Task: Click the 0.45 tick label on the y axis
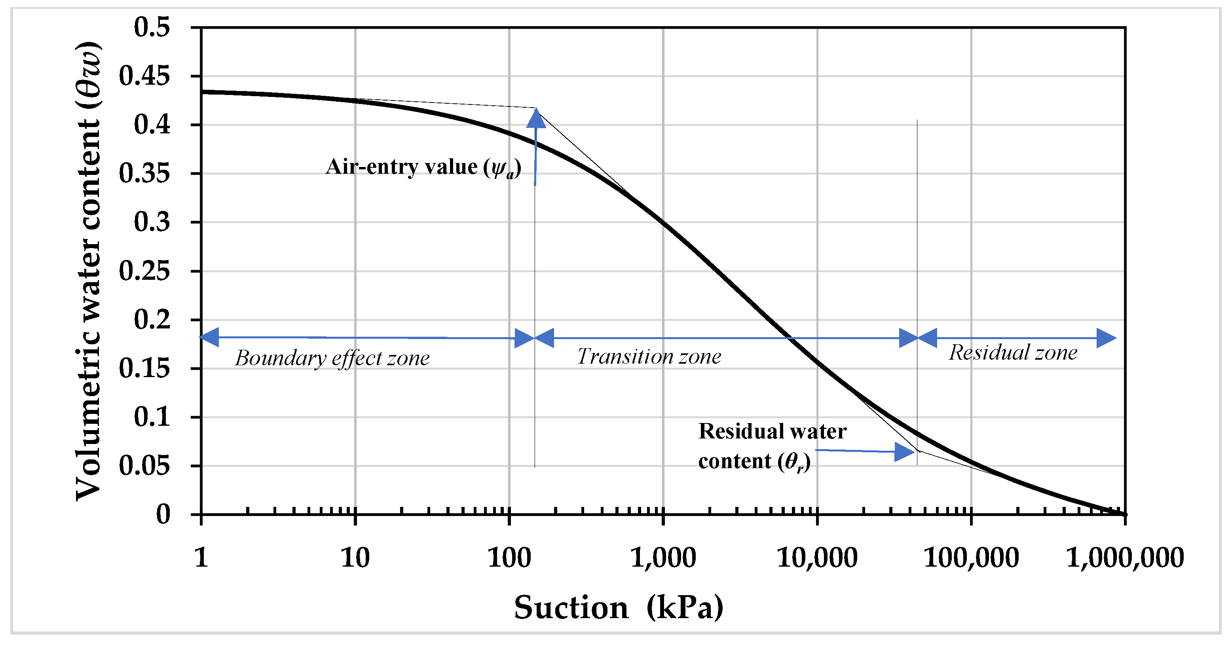click(x=144, y=76)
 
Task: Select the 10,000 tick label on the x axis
click(x=817, y=557)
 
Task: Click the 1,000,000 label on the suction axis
click(x=1125, y=557)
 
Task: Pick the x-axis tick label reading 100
click(x=509, y=557)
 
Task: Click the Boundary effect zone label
click(x=332, y=358)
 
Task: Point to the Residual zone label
click(x=1013, y=353)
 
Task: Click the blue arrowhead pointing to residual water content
click(x=904, y=451)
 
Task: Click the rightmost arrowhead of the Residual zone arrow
click(x=1107, y=338)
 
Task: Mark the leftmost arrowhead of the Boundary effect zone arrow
click(x=209, y=337)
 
